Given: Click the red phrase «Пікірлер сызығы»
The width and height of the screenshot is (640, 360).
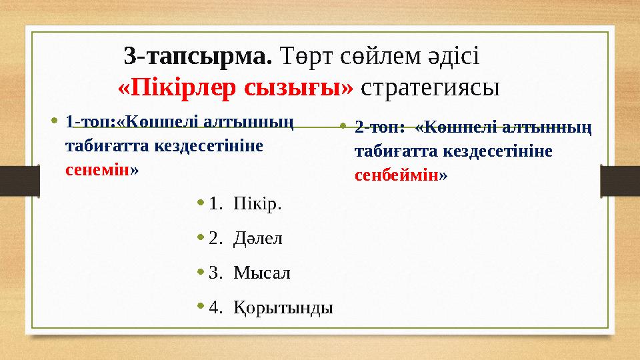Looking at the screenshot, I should [x=235, y=87].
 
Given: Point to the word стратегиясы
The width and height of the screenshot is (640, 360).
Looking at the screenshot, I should [x=433, y=87].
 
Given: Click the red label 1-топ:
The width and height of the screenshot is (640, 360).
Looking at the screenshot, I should [x=91, y=123].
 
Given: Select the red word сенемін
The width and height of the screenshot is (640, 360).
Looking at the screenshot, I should [x=98, y=169].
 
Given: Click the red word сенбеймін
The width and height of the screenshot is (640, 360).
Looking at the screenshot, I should [x=397, y=176].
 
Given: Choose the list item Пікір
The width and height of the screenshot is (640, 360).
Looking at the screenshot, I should [x=257, y=203].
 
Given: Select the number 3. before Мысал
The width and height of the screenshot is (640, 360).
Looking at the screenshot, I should [x=215, y=273].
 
